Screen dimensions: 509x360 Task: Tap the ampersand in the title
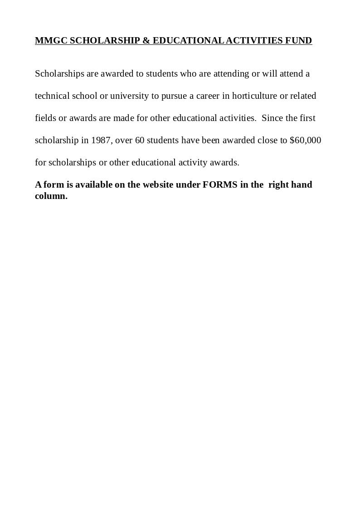click(146, 41)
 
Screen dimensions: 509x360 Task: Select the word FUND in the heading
click(298, 41)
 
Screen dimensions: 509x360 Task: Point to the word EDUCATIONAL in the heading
click(188, 41)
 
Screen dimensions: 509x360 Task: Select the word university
click(129, 96)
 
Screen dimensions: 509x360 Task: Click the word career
click(208, 96)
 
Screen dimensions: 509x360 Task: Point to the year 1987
click(101, 141)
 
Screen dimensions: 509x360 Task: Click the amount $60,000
click(305, 141)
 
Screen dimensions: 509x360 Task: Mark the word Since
click(272, 118)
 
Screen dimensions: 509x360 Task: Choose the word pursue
click(174, 96)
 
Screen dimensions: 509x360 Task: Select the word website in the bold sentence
click(158, 185)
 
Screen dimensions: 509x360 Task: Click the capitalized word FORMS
click(220, 185)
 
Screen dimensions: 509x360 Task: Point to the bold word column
click(51, 196)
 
